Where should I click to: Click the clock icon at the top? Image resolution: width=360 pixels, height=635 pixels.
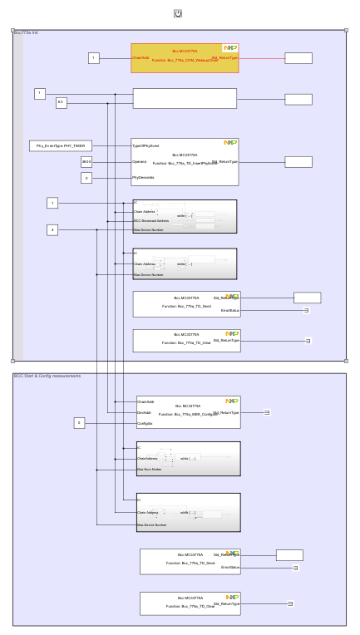click(x=179, y=13)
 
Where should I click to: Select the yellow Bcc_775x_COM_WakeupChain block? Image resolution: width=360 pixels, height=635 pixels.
click(x=185, y=58)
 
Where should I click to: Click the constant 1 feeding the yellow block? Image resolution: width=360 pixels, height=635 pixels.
click(x=94, y=58)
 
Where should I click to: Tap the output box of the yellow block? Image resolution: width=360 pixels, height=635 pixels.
click(x=298, y=58)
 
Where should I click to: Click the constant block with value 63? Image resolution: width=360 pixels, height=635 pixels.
click(x=61, y=103)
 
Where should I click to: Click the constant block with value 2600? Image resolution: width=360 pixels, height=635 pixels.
click(x=86, y=161)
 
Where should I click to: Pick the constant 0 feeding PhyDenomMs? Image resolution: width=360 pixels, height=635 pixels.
click(x=86, y=178)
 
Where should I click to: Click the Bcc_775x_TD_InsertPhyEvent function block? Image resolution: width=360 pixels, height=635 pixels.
click(x=185, y=162)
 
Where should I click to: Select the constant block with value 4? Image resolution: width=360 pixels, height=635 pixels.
click(x=52, y=229)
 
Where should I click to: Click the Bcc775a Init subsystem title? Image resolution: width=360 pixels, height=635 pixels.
click(x=26, y=32)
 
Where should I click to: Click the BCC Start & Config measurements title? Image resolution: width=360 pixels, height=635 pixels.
click(x=47, y=376)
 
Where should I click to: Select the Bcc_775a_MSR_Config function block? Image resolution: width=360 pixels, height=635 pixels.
click(x=188, y=412)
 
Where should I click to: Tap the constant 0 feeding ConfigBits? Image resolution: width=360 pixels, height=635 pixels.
click(x=80, y=423)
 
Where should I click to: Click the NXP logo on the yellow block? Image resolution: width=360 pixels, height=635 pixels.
click(x=229, y=48)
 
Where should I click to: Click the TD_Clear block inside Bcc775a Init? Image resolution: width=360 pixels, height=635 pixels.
click(x=186, y=341)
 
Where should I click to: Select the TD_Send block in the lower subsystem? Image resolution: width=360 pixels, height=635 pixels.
click(x=190, y=561)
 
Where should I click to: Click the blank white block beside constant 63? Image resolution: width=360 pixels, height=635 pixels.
click(x=185, y=99)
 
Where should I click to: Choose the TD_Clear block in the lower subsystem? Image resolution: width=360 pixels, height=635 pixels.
click(x=190, y=603)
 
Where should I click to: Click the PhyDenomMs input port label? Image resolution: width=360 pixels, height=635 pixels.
click(x=143, y=178)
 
